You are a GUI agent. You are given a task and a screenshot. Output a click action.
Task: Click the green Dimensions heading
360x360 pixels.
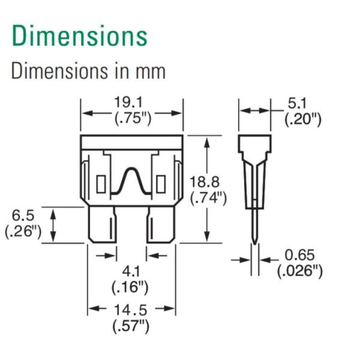point(79,36)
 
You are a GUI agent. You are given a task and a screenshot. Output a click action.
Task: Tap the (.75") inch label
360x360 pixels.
point(132,118)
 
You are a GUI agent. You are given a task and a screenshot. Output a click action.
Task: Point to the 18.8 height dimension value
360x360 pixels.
point(206,182)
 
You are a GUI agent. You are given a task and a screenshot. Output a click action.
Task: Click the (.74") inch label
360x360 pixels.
point(208,197)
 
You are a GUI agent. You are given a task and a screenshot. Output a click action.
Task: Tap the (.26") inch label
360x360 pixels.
point(23,231)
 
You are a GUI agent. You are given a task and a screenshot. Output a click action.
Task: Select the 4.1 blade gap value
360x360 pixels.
point(130,271)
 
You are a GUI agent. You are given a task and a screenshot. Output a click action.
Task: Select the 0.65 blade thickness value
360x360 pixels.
point(300,256)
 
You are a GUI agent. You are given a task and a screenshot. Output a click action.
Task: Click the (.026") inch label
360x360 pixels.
point(300,271)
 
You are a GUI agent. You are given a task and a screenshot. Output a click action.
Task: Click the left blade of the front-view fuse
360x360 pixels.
point(102,224)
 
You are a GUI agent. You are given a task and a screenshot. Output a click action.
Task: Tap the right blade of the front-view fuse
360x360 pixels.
point(161,224)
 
